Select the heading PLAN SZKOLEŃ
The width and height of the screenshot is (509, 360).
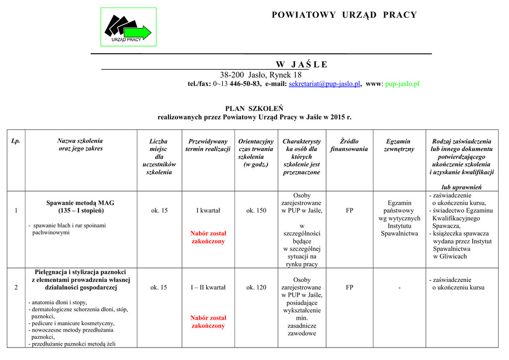pyautogui.click(x=254, y=108)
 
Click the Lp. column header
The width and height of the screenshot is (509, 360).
pyautogui.click(x=16, y=141)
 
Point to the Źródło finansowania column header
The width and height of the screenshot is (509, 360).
pyautogui.click(x=349, y=145)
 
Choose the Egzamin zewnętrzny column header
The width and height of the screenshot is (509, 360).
pyautogui.click(x=399, y=145)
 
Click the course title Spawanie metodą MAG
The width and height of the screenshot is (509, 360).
pyautogui.click(x=80, y=203)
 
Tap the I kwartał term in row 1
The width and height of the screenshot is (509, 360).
pyautogui.click(x=208, y=210)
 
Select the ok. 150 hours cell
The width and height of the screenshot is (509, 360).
pyautogui.click(x=256, y=210)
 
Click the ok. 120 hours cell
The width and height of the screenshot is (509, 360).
pyautogui.click(x=256, y=287)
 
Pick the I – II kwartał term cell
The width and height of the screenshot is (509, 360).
pyautogui.click(x=208, y=287)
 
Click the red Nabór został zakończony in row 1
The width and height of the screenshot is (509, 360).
pyautogui.click(x=208, y=237)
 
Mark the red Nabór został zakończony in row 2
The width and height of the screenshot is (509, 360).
pyautogui.click(x=208, y=322)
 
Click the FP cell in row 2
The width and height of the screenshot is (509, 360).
pyautogui.click(x=349, y=287)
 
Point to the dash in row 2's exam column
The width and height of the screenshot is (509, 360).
pyautogui.click(x=399, y=287)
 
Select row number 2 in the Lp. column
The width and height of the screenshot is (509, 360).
pyautogui.click(x=16, y=287)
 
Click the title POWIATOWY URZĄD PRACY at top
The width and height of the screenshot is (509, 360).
pyautogui.click(x=344, y=15)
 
